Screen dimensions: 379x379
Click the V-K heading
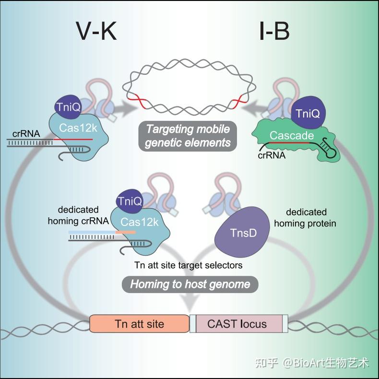[96, 31]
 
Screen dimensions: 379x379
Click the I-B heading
[274, 31]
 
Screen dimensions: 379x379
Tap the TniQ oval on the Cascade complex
[308, 113]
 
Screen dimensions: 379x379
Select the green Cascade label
[292, 135]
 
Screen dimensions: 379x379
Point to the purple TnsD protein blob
[242, 232]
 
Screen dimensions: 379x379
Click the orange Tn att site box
[140, 324]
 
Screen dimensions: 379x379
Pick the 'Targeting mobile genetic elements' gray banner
[188, 136]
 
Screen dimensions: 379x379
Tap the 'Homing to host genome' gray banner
[190, 284]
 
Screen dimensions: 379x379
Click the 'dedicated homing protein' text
[305, 218]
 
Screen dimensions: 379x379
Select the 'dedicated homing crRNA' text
[78, 215]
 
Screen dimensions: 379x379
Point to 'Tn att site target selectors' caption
[188, 265]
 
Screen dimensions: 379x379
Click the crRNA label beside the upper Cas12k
[26, 134]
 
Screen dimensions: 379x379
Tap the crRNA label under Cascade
[272, 155]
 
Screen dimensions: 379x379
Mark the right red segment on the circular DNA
[239, 101]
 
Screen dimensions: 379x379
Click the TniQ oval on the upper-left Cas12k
[68, 107]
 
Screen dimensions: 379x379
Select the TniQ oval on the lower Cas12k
[130, 201]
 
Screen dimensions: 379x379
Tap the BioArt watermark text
[312, 363]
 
